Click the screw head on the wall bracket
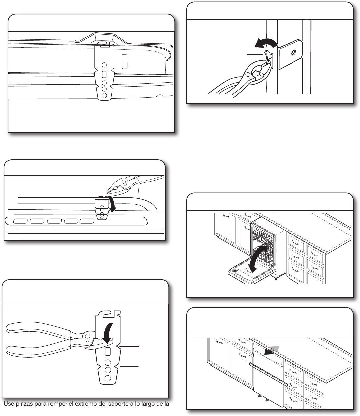click(x=293, y=53)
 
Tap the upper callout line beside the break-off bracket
click(x=129, y=347)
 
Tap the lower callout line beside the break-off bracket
click(x=129, y=366)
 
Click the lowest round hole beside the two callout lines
click(x=108, y=378)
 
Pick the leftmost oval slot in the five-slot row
click(x=21, y=221)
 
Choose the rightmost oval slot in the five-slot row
click(x=87, y=221)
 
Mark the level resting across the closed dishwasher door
click(x=268, y=374)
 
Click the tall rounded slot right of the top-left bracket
click(x=125, y=61)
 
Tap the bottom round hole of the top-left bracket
click(x=104, y=95)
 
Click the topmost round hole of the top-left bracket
click(x=104, y=65)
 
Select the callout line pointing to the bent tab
click(x=255, y=54)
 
